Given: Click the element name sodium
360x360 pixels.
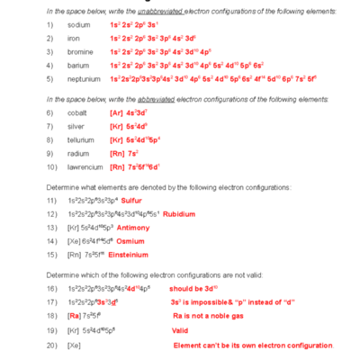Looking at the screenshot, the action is [78, 25].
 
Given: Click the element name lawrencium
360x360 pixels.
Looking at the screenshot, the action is [85, 166].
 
